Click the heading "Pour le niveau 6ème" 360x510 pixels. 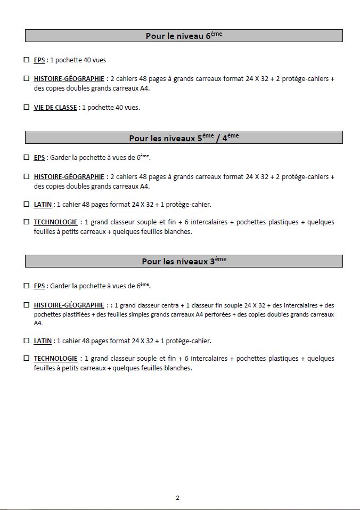[x=184, y=36]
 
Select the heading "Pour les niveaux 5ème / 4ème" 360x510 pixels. [x=184, y=138]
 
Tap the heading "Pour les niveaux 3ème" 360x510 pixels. [x=184, y=261]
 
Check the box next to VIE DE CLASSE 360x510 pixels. [x=27, y=107]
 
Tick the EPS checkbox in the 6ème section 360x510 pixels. [x=27, y=60]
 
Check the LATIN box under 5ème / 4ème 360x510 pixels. [x=27, y=204]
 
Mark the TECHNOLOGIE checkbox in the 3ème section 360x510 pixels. [x=27, y=358]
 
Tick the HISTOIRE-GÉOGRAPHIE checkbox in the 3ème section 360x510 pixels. [x=27, y=305]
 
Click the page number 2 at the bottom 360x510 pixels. [x=177, y=498]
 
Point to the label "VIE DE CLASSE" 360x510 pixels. [x=55, y=108]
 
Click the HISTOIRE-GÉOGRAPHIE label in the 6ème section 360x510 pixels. [x=69, y=79]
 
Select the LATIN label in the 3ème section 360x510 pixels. [x=43, y=341]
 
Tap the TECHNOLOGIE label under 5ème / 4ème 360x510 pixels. [x=55, y=222]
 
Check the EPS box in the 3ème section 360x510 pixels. [x=27, y=286]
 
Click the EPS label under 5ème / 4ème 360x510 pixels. [x=39, y=158]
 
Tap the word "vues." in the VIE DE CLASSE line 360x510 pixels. [x=131, y=108]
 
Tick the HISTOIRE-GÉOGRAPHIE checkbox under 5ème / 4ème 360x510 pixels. [x=27, y=176]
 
